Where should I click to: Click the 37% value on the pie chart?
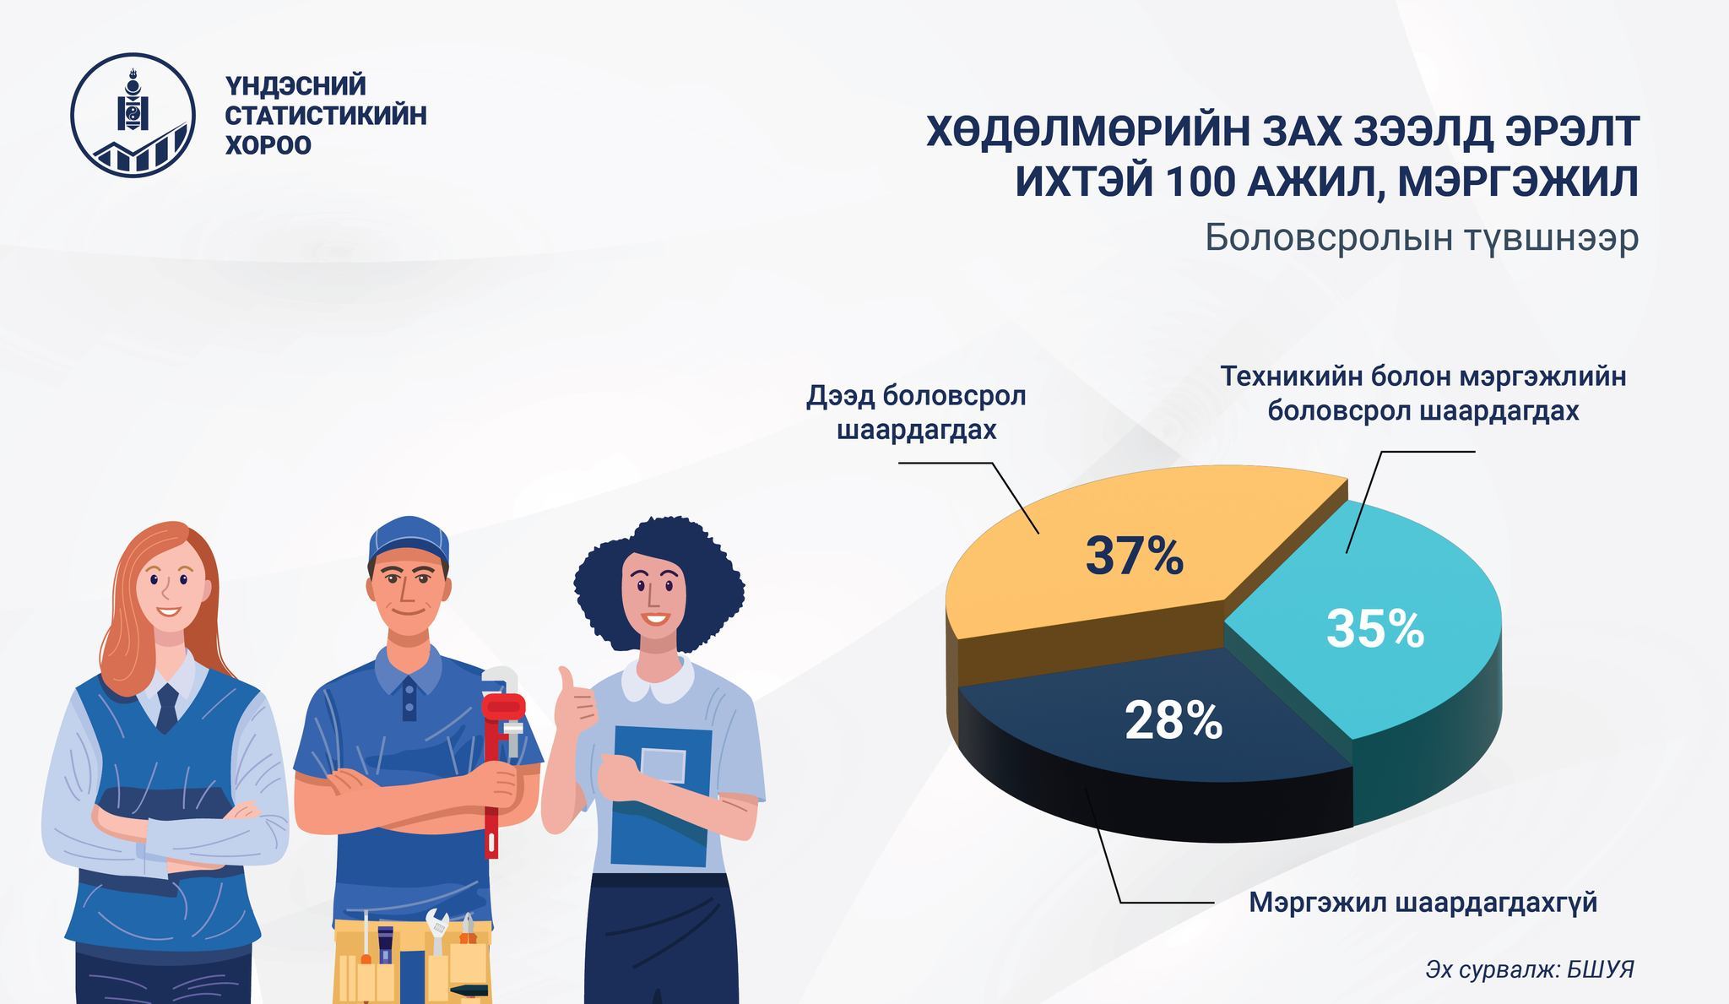tap(1134, 556)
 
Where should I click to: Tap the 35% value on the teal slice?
tap(1375, 629)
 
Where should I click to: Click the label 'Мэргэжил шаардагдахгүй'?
tap(1423, 903)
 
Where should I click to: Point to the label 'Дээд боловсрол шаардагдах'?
tap(916, 413)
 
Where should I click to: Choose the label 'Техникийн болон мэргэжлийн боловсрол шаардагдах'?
tap(1423, 394)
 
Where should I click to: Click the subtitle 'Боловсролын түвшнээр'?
tap(1422, 238)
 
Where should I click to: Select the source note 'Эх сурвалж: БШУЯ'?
tap(1530, 969)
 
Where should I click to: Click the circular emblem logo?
tap(133, 115)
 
